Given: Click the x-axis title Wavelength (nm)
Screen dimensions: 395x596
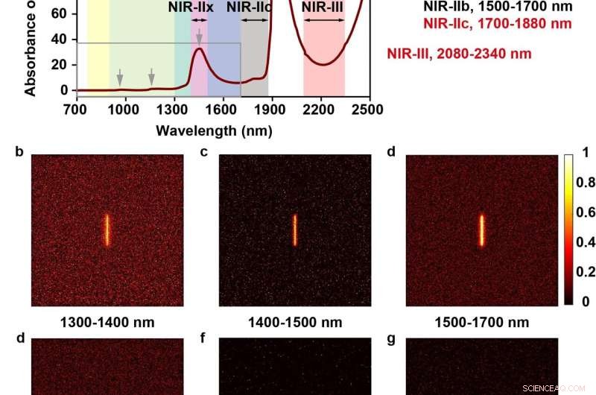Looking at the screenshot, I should click(x=213, y=130).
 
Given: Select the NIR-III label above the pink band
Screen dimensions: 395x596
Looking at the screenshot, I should click(x=323, y=8).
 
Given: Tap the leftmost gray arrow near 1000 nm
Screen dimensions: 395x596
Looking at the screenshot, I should click(x=120, y=77).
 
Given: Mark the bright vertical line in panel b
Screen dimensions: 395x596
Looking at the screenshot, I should click(x=107, y=230).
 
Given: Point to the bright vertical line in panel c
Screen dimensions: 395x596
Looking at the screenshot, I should click(x=295, y=230).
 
